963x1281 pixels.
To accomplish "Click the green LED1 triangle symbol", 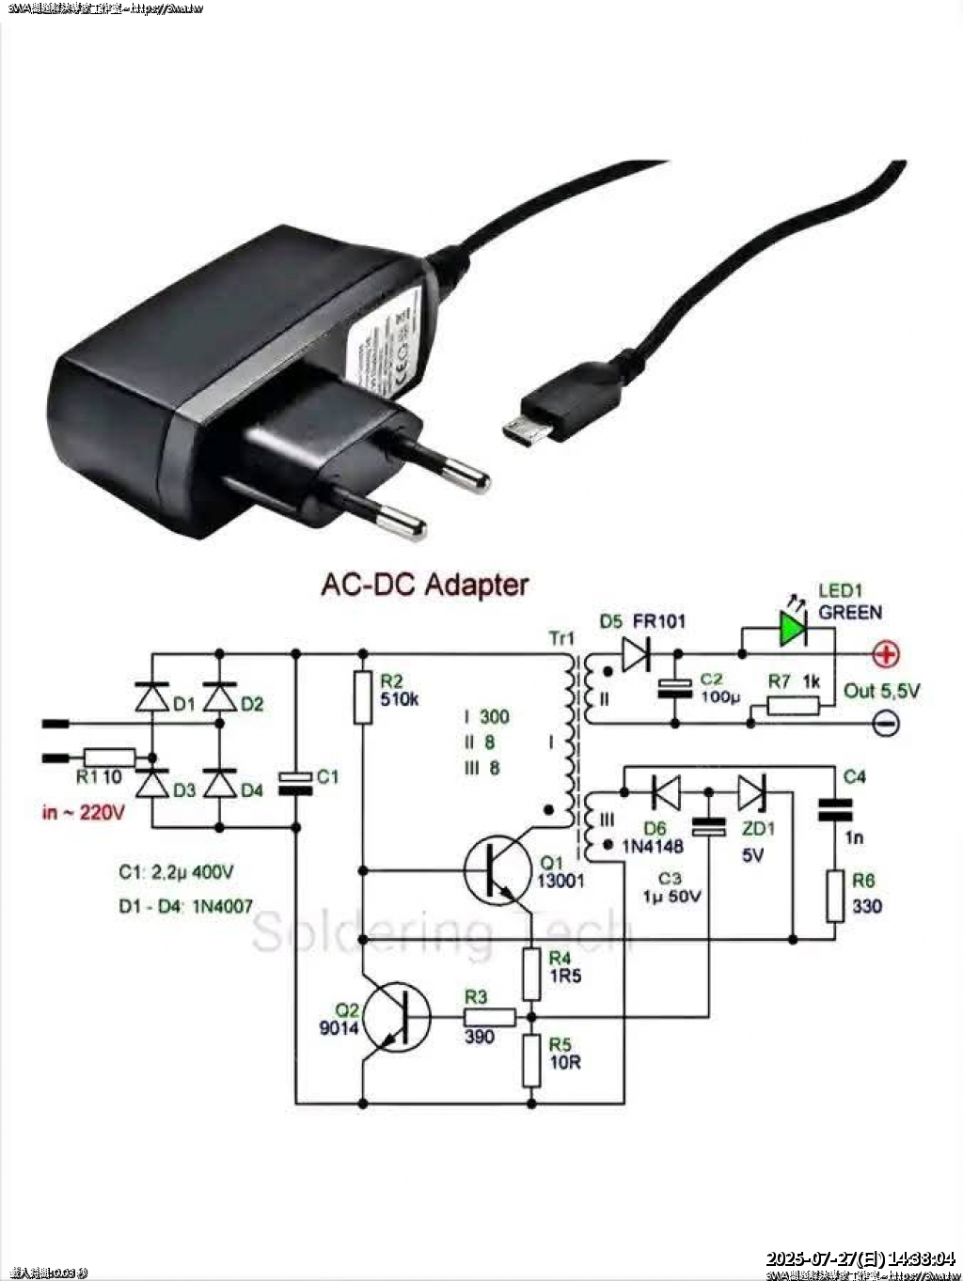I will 792,628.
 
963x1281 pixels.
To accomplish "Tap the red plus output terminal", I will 886,654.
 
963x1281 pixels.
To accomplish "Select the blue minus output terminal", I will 886,723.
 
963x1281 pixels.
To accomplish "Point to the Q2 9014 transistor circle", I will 398,1016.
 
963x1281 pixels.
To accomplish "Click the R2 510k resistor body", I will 363,697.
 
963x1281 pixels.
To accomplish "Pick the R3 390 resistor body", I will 489,1016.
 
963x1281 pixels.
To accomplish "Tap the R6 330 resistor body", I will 835,895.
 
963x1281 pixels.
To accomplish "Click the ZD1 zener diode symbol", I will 752,792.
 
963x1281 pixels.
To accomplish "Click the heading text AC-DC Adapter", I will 425,585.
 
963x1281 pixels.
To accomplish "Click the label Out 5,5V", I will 881,691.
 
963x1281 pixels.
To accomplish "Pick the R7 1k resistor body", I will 794,705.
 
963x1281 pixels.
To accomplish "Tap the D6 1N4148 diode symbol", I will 666,792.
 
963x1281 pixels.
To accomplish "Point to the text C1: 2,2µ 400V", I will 176,872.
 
